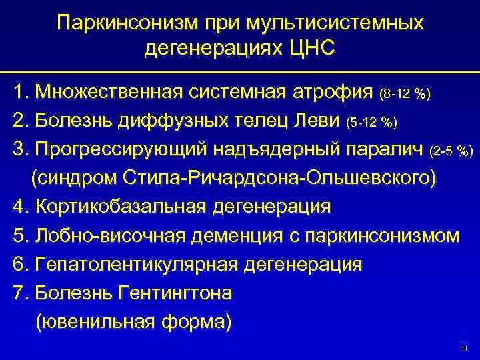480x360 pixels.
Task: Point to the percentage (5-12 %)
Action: coord(373,122)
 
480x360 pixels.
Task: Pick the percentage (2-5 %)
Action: coord(452,150)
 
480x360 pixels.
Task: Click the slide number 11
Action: coord(465,349)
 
